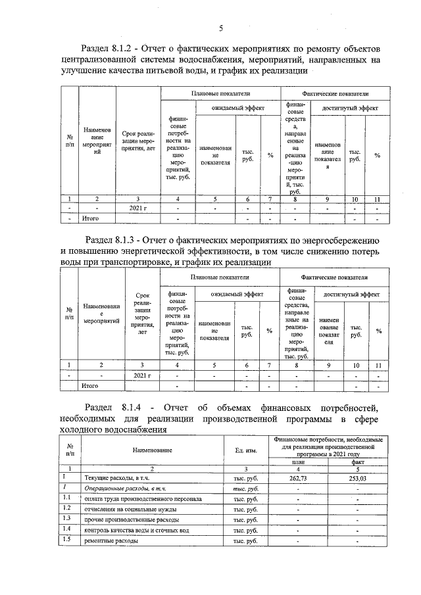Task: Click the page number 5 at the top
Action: [x=221, y=28]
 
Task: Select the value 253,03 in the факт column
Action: [x=357, y=479]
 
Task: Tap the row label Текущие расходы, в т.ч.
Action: [x=112, y=479]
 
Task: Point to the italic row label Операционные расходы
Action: [x=123, y=489]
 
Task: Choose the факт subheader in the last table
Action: [x=357, y=462]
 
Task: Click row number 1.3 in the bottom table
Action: [x=66, y=519]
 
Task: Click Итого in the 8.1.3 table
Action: [x=89, y=385]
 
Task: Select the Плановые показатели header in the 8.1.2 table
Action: [x=219, y=93]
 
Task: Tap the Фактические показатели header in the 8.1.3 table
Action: [x=334, y=279]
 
